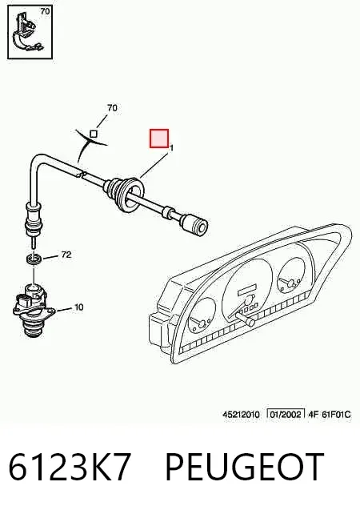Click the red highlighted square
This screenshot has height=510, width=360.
(x=159, y=139)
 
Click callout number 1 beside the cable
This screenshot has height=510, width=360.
(x=172, y=148)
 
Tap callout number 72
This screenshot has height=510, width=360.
(x=66, y=255)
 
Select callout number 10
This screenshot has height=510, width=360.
(x=79, y=307)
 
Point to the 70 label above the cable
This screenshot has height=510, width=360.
(x=112, y=107)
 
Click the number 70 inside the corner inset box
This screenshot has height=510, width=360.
(x=45, y=11)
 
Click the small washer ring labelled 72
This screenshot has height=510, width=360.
(x=34, y=259)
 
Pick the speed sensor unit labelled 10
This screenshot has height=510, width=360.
(x=33, y=311)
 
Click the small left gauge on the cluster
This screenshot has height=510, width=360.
(x=202, y=316)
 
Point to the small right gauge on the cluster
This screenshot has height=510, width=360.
(x=291, y=276)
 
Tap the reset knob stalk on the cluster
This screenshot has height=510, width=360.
(x=245, y=319)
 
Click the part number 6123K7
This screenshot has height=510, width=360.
(x=69, y=467)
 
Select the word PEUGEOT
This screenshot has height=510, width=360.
(x=245, y=467)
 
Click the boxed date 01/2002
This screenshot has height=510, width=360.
(x=286, y=414)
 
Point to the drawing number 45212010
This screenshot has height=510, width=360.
(x=241, y=415)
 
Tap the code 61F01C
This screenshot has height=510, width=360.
(x=336, y=415)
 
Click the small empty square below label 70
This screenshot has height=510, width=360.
(x=94, y=134)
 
